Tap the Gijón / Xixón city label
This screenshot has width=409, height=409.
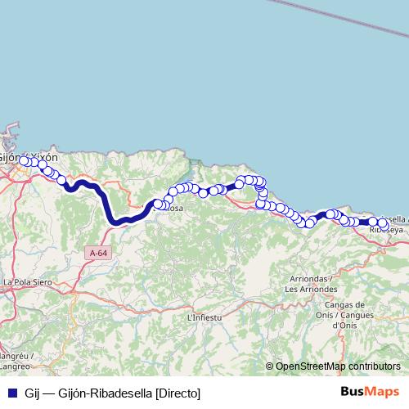(x=29, y=155)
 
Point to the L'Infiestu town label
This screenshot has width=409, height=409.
(x=204, y=317)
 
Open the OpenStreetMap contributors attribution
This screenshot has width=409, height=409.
(x=337, y=366)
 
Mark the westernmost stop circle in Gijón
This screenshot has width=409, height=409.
(x=25, y=161)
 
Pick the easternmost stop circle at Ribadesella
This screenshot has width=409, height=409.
(x=383, y=222)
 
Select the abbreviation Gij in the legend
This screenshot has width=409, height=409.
(x=33, y=393)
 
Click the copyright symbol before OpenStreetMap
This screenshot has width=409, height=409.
(x=270, y=366)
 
